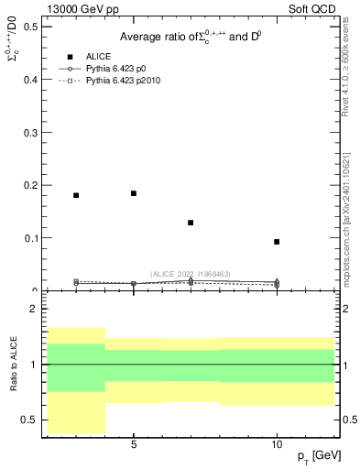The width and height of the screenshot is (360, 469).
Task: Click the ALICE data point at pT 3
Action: [76, 195]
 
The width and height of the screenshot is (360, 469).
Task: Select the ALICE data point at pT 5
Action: [134, 193]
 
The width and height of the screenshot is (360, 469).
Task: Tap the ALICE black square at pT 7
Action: [191, 223]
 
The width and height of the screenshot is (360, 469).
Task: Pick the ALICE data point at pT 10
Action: [277, 242]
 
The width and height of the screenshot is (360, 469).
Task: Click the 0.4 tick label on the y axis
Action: [31, 80]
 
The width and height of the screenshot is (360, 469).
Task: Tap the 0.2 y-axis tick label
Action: [31, 185]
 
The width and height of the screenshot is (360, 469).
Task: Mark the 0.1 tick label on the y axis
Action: [31, 238]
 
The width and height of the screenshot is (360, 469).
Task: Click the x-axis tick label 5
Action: [134, 444]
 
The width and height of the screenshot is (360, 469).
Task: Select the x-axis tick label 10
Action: [277, 444]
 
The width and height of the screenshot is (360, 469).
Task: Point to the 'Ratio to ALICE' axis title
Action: [13, 364]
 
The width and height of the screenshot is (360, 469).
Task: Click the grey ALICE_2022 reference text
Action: [190, 274]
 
